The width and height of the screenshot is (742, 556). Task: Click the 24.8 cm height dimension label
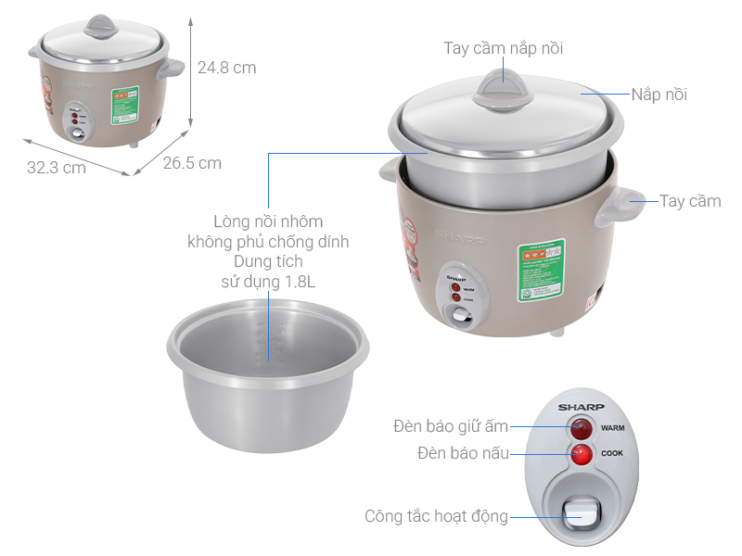click(x=226, y=68)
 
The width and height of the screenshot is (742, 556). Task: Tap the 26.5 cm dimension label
click(x=192, y=163)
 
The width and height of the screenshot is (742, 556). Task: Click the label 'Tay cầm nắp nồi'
click(x=503, y=48)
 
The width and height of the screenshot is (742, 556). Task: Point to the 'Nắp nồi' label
click(x=659, y=95)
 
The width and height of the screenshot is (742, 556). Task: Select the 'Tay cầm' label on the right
click(x=690, y=201)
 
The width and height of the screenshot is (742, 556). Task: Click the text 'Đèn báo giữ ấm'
click(x=451, y=426)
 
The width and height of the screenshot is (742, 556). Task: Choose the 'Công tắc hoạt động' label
click(x=436, y=516)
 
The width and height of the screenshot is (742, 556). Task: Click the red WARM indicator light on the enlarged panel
click(x=582, y=429)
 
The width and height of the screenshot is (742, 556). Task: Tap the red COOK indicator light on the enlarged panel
click(x=582, y=454)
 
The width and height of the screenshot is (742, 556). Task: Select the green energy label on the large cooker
click(x=541, y=271)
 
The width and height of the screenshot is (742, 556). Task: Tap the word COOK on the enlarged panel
click(x=611, y=454)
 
